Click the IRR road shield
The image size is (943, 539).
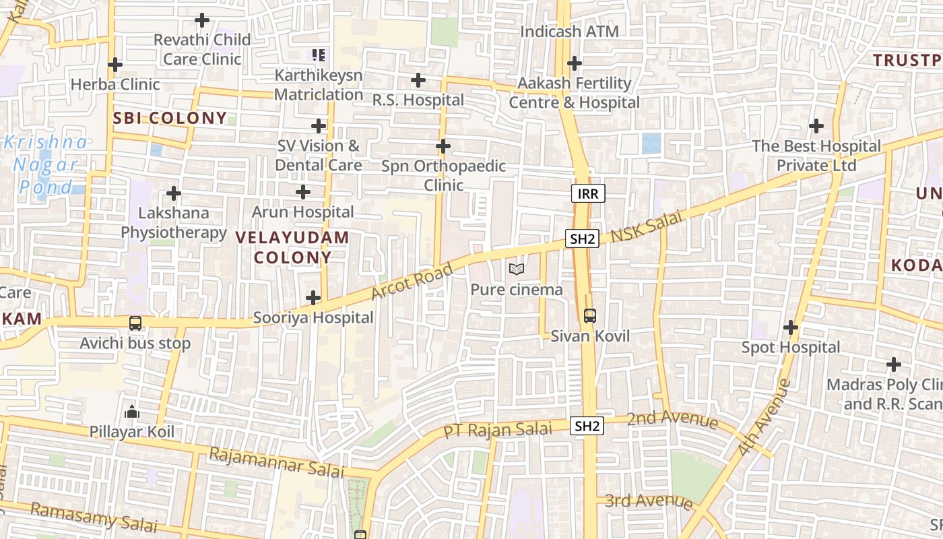pos(588,194)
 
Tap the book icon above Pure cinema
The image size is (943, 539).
pos(517,269)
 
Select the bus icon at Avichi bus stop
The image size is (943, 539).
pos(135,323)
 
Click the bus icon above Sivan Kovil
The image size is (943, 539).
pos(590,315)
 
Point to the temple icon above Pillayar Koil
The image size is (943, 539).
pos(132,411)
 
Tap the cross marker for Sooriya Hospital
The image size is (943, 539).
pos(313,297)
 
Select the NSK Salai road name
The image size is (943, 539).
pos(647,228)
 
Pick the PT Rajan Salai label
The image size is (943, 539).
pos(498,429)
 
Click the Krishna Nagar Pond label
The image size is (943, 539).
pos(45,164)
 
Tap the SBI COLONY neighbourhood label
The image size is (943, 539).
pos(170,119)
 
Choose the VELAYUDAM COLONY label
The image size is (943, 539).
pos(293,247)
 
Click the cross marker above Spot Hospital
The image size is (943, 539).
pos(791,327)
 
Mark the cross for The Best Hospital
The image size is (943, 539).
pos(816,126)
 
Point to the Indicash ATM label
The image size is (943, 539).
pos(569,32)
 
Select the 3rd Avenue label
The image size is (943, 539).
pos(649,501)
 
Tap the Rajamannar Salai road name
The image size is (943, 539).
pos(276,462)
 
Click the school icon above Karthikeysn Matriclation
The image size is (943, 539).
pos(319,55)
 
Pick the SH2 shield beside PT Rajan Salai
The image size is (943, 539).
pos(587,426)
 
